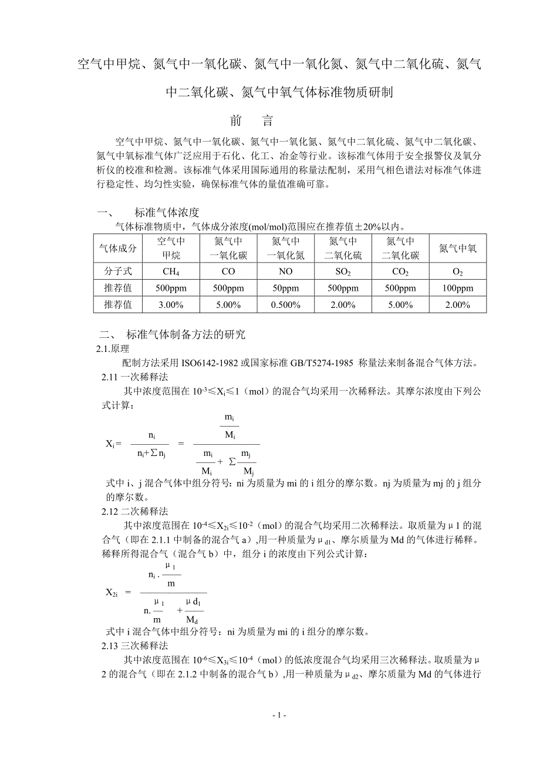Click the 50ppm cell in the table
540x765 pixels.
tap(286, 288)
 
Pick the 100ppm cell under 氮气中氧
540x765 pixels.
tap(458, 288)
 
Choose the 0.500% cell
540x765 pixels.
tap(286, 305)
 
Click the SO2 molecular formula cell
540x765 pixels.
tap(343, 271)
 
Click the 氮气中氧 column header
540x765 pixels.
tap(458, 249)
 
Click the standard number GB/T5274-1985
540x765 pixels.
tap(305, 363)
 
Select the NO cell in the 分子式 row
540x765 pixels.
tap(286, 271)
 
